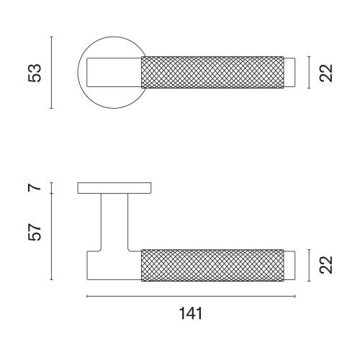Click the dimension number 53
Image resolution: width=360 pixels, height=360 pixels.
pos(35,73)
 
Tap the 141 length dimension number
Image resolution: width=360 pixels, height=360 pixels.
pos(191,313)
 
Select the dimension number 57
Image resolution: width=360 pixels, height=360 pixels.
pos(35,232)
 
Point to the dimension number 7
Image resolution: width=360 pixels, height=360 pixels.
pos(35,187)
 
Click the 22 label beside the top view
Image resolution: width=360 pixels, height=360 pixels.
pos(326,73)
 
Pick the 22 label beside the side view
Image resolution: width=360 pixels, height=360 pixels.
pos(326,265)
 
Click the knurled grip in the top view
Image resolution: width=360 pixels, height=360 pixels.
pos(212,73)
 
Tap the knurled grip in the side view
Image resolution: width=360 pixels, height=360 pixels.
pos(212,265)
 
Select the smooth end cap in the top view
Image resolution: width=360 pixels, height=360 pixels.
pos(289,73)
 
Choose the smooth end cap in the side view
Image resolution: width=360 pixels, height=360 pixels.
pos(289,266)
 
